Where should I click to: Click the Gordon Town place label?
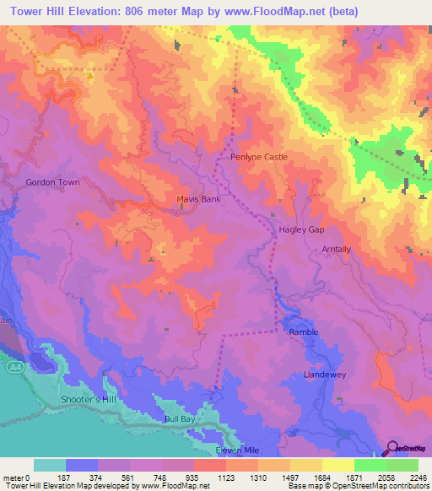(52, 182)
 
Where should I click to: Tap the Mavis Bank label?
(198, 200)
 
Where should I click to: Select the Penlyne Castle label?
(259, 157)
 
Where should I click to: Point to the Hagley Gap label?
(301, 229)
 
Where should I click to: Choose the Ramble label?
(304, 332)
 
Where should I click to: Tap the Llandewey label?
(325, 374)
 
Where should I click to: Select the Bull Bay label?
(180, 418)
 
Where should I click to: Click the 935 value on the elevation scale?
(192, 477)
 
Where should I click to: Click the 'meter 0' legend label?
(16, 477)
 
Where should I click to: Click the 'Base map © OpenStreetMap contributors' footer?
(357, 486)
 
